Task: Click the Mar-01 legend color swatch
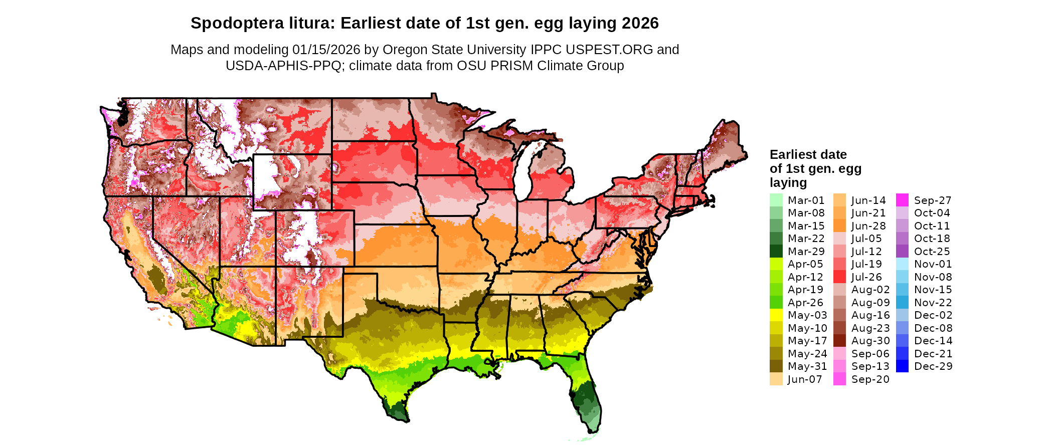(x=776, y=200)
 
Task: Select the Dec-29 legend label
(x=933, y=366)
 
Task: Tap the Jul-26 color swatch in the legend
(x=839, y=277)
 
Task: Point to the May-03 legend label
(x=807, y=315)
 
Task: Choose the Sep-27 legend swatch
(x=902, y=200)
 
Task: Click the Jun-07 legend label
(x=805, y=379)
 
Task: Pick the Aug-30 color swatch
(x=839, y=341)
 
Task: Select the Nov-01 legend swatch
(x=902, y=264)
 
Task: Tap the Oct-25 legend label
(x=932, y=252)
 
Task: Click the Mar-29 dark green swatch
(x=776, y=251)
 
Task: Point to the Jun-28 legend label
(x=868, y=226)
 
